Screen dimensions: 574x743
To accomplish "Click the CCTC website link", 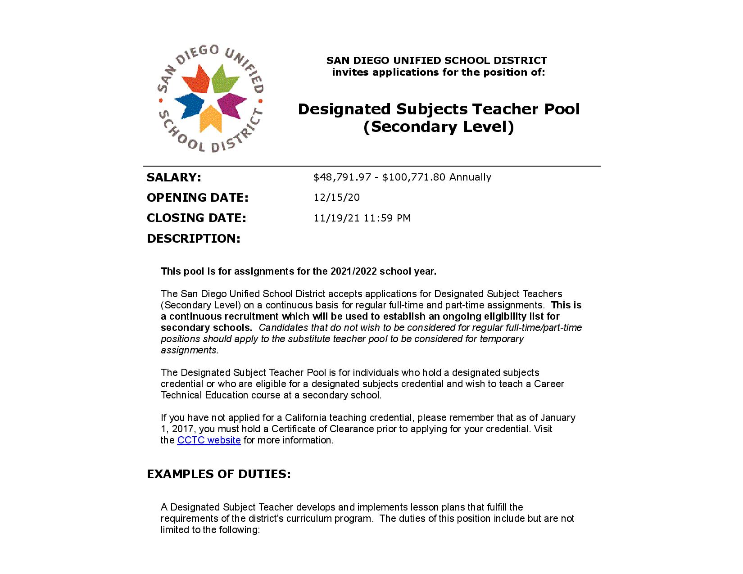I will click(x=209, y=440).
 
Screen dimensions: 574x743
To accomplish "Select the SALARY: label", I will click(x=174, y=177).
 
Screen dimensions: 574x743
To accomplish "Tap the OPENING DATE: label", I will click(x=198, y=198).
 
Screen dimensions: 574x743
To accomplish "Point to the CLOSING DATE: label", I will click(x=196, y=218).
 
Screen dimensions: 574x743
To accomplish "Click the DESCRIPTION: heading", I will click(x=194, y=239).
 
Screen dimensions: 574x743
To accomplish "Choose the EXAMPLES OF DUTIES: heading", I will click(x=219, y=474).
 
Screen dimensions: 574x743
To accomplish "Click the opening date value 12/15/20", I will click(x=336, y=198).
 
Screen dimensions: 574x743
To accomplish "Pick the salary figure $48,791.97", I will click(x=342, y=177).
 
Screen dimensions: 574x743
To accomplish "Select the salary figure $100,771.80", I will click(x=414, y=177).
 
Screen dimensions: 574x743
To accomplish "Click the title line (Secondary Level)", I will click(x=439, y=127).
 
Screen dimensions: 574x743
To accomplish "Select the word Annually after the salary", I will click(x=470, y=177).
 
